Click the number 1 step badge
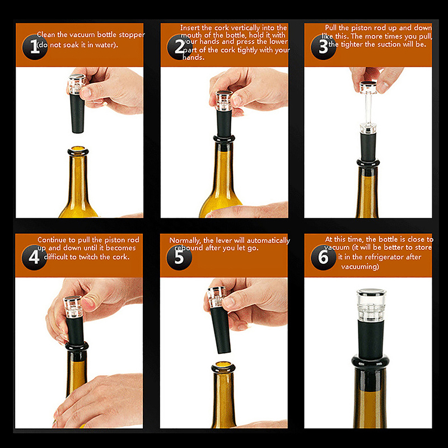[x=35, y=47]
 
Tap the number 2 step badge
[x=179, y=47]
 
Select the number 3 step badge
[x=324, y=47]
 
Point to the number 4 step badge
[x=34, y=257]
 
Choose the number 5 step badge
[x=179, y=257]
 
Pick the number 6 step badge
[x=324, y=257]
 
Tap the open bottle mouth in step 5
[x=223, y=367]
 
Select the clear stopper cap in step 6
[x=371, y=305]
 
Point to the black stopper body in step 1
[x=77, y=114]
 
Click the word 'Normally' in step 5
[x=185, y=241]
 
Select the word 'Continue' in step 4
[x=52, y=240]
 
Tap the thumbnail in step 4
[x=89, y=304]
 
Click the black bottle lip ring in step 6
[x=371, y=362]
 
